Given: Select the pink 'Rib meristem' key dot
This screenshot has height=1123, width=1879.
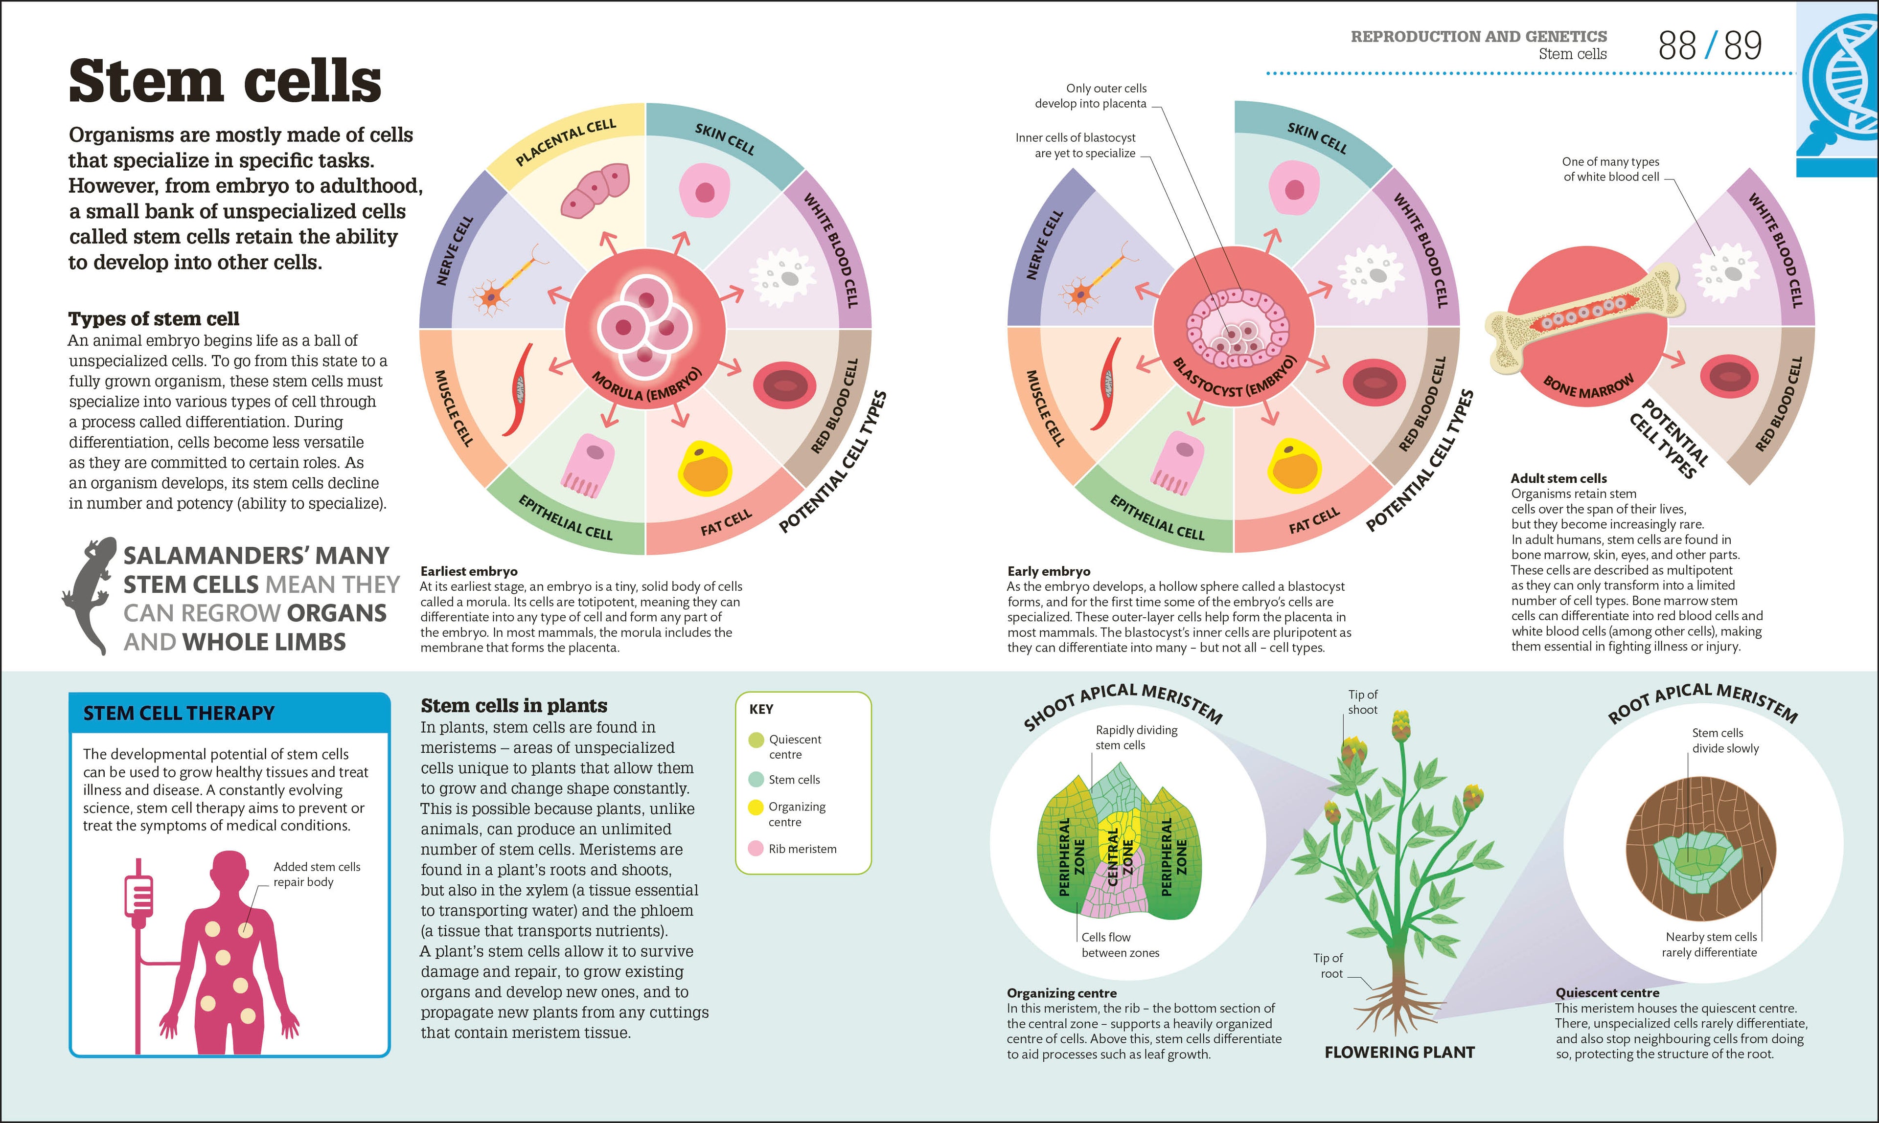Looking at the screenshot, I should pyautogui.click(x=756, y=848).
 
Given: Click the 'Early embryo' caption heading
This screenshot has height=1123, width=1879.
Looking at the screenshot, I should pyautogui.click(x=1049, y=571).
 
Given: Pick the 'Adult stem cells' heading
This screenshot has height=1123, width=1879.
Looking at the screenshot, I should pyautogui.click(x=1558, y=478).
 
